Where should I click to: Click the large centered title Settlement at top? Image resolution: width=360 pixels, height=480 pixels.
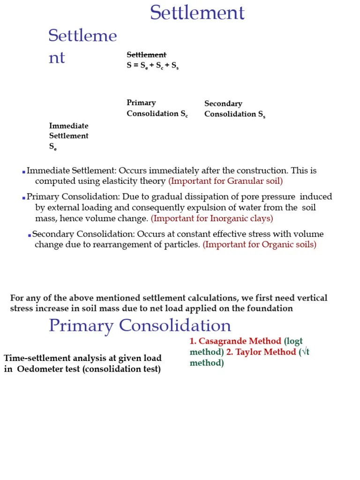197,13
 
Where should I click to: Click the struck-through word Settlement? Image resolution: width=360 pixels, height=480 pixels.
146,55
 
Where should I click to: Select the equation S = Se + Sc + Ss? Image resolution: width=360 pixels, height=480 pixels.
152,66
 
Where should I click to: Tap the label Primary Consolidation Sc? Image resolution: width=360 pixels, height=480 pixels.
157,108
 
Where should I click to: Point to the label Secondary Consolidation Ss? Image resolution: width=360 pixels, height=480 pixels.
234,109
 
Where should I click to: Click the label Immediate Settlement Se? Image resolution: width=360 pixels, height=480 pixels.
69,136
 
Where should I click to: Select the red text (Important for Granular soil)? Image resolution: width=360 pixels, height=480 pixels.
225,181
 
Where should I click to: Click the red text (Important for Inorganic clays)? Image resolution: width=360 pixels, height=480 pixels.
212,218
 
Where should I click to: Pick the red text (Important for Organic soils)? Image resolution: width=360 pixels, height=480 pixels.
259,245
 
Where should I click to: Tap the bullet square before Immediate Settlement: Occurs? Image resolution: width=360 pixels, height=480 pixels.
23,172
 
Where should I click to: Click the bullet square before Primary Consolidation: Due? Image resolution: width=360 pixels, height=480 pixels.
23,198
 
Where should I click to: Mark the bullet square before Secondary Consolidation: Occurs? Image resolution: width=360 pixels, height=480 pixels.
29,235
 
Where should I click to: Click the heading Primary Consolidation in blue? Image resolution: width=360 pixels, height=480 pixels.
140,325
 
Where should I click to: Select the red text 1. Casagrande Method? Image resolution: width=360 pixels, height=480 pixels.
235,341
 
